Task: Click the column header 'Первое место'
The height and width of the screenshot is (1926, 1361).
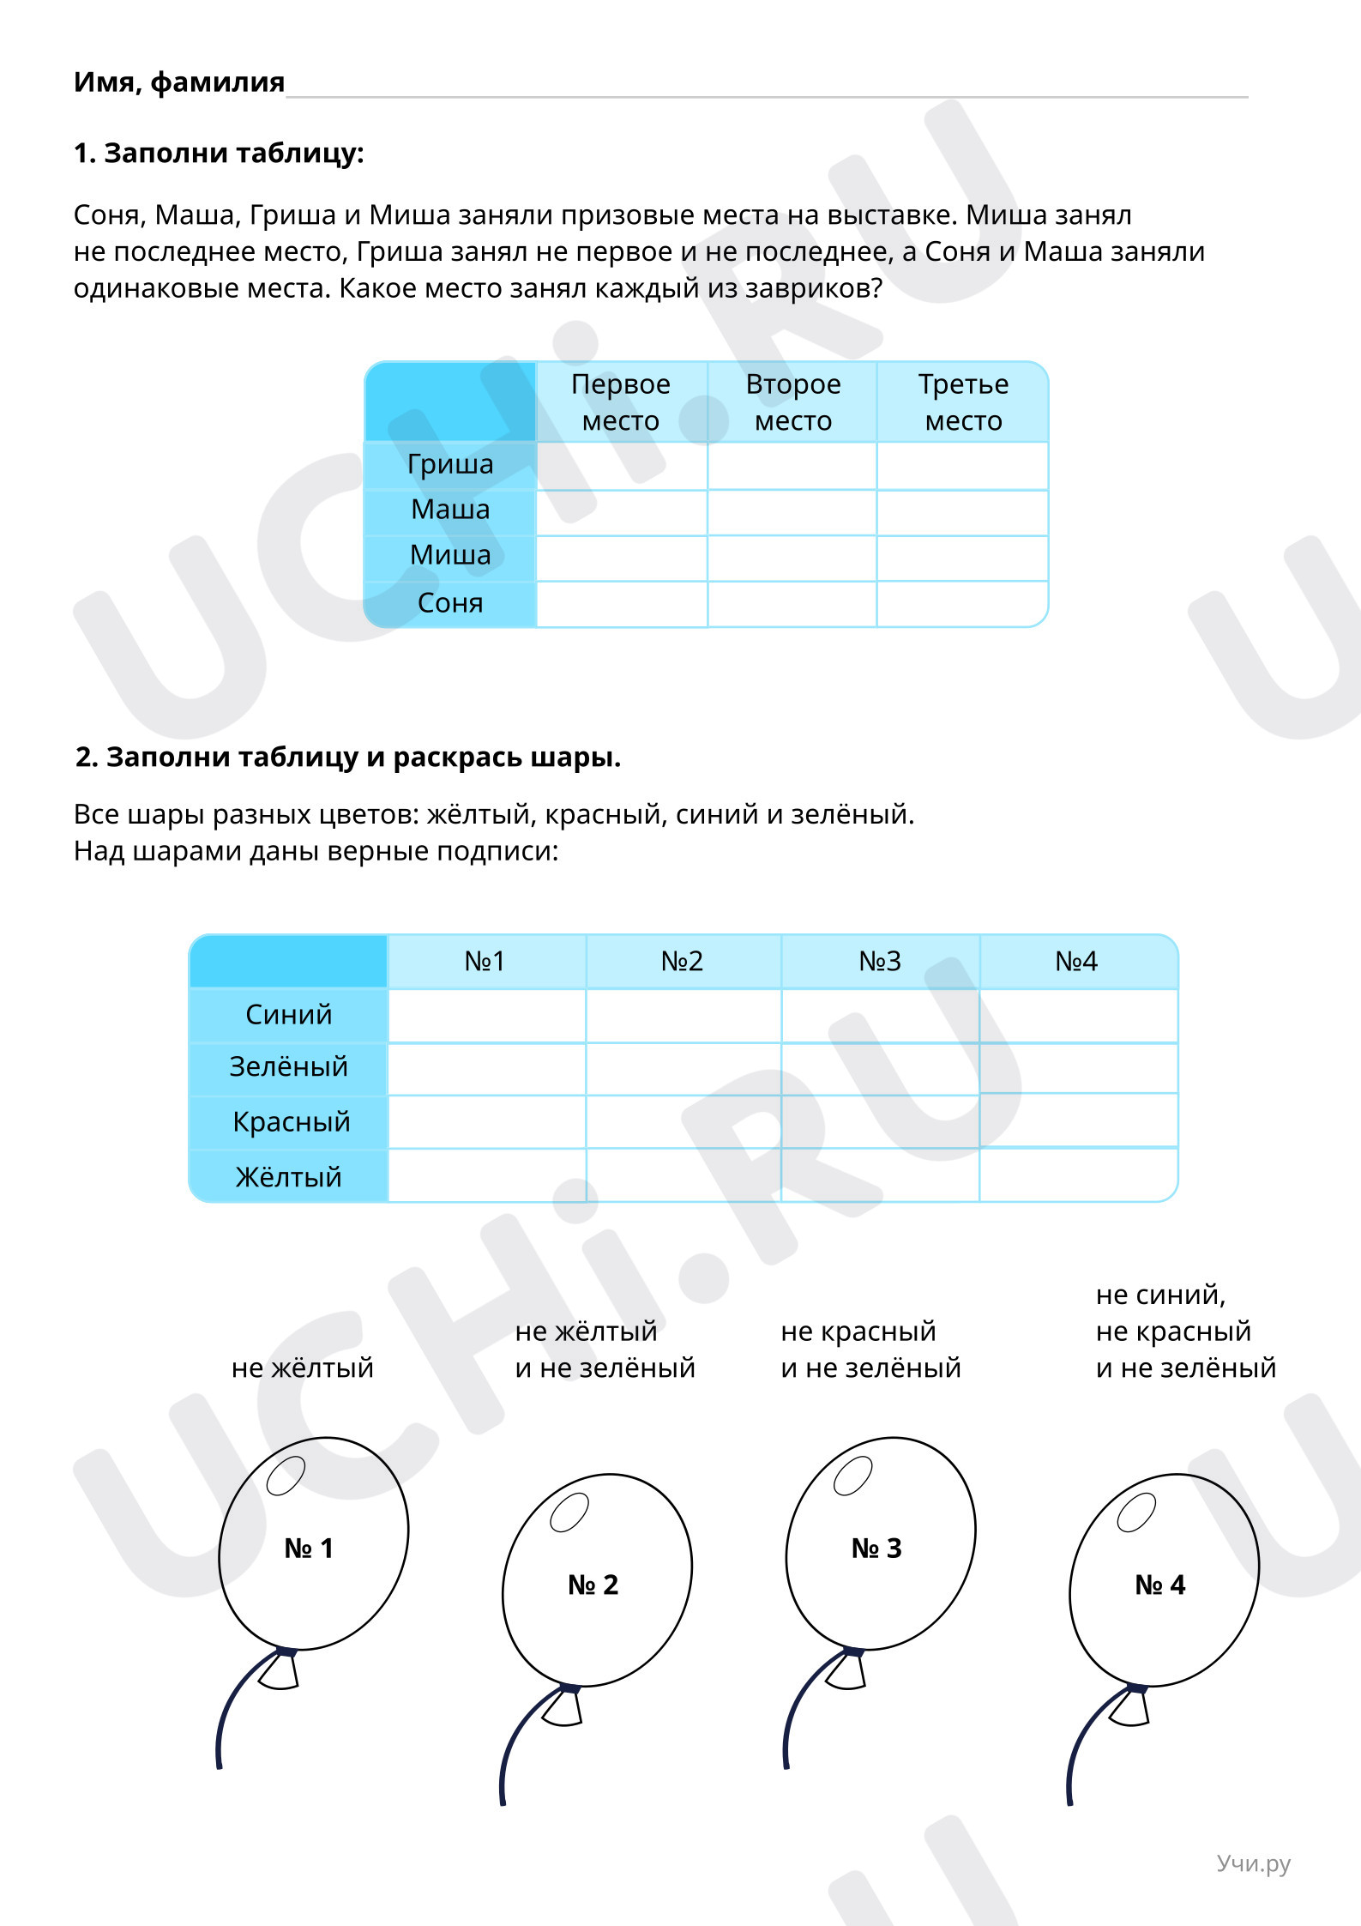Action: pos(621,402)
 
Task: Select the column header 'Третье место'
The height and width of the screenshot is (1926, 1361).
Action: pos(963,402)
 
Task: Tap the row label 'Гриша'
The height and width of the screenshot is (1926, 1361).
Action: pos(450,465)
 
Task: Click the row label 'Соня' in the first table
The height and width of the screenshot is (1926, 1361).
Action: pos(450,603)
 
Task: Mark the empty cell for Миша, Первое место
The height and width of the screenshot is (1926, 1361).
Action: pos(622,558)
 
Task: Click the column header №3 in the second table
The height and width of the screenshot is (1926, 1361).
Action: pos(880,962)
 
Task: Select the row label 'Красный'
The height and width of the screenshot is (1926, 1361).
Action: pos(291,1122)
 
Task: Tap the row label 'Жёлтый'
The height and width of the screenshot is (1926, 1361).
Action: pos(289,1177)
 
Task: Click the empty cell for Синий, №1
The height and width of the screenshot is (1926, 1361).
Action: pos(487,1016)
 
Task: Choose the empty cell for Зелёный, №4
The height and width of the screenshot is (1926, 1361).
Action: pos(1078,1068)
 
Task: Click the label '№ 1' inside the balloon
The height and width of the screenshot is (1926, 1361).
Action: pos(309,1549)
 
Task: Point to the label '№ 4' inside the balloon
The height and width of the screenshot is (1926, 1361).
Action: pos(1159,1585)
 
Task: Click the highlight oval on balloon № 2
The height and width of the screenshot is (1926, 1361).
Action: pos(569,1512)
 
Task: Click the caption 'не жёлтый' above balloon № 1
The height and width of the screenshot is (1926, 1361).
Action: pos(303,1368)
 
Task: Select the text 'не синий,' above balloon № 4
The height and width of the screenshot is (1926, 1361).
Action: pos(1160,1295)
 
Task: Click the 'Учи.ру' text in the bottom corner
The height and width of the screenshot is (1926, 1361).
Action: pos(1253,1863)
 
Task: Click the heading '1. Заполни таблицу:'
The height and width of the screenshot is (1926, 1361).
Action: pos(219,154)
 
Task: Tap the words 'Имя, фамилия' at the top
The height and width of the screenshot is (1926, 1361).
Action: pos(179,82)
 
